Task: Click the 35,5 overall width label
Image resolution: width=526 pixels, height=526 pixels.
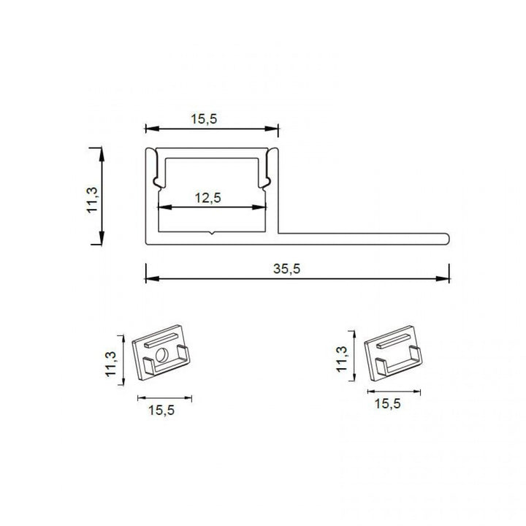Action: (287, 268)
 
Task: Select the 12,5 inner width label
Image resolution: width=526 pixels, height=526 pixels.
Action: (208, 197)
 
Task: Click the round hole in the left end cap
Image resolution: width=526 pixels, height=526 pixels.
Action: (161, 356)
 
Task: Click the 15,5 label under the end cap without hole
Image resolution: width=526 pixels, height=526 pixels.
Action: (389, 403)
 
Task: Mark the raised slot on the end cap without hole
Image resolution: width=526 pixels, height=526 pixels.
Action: (394, 338)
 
